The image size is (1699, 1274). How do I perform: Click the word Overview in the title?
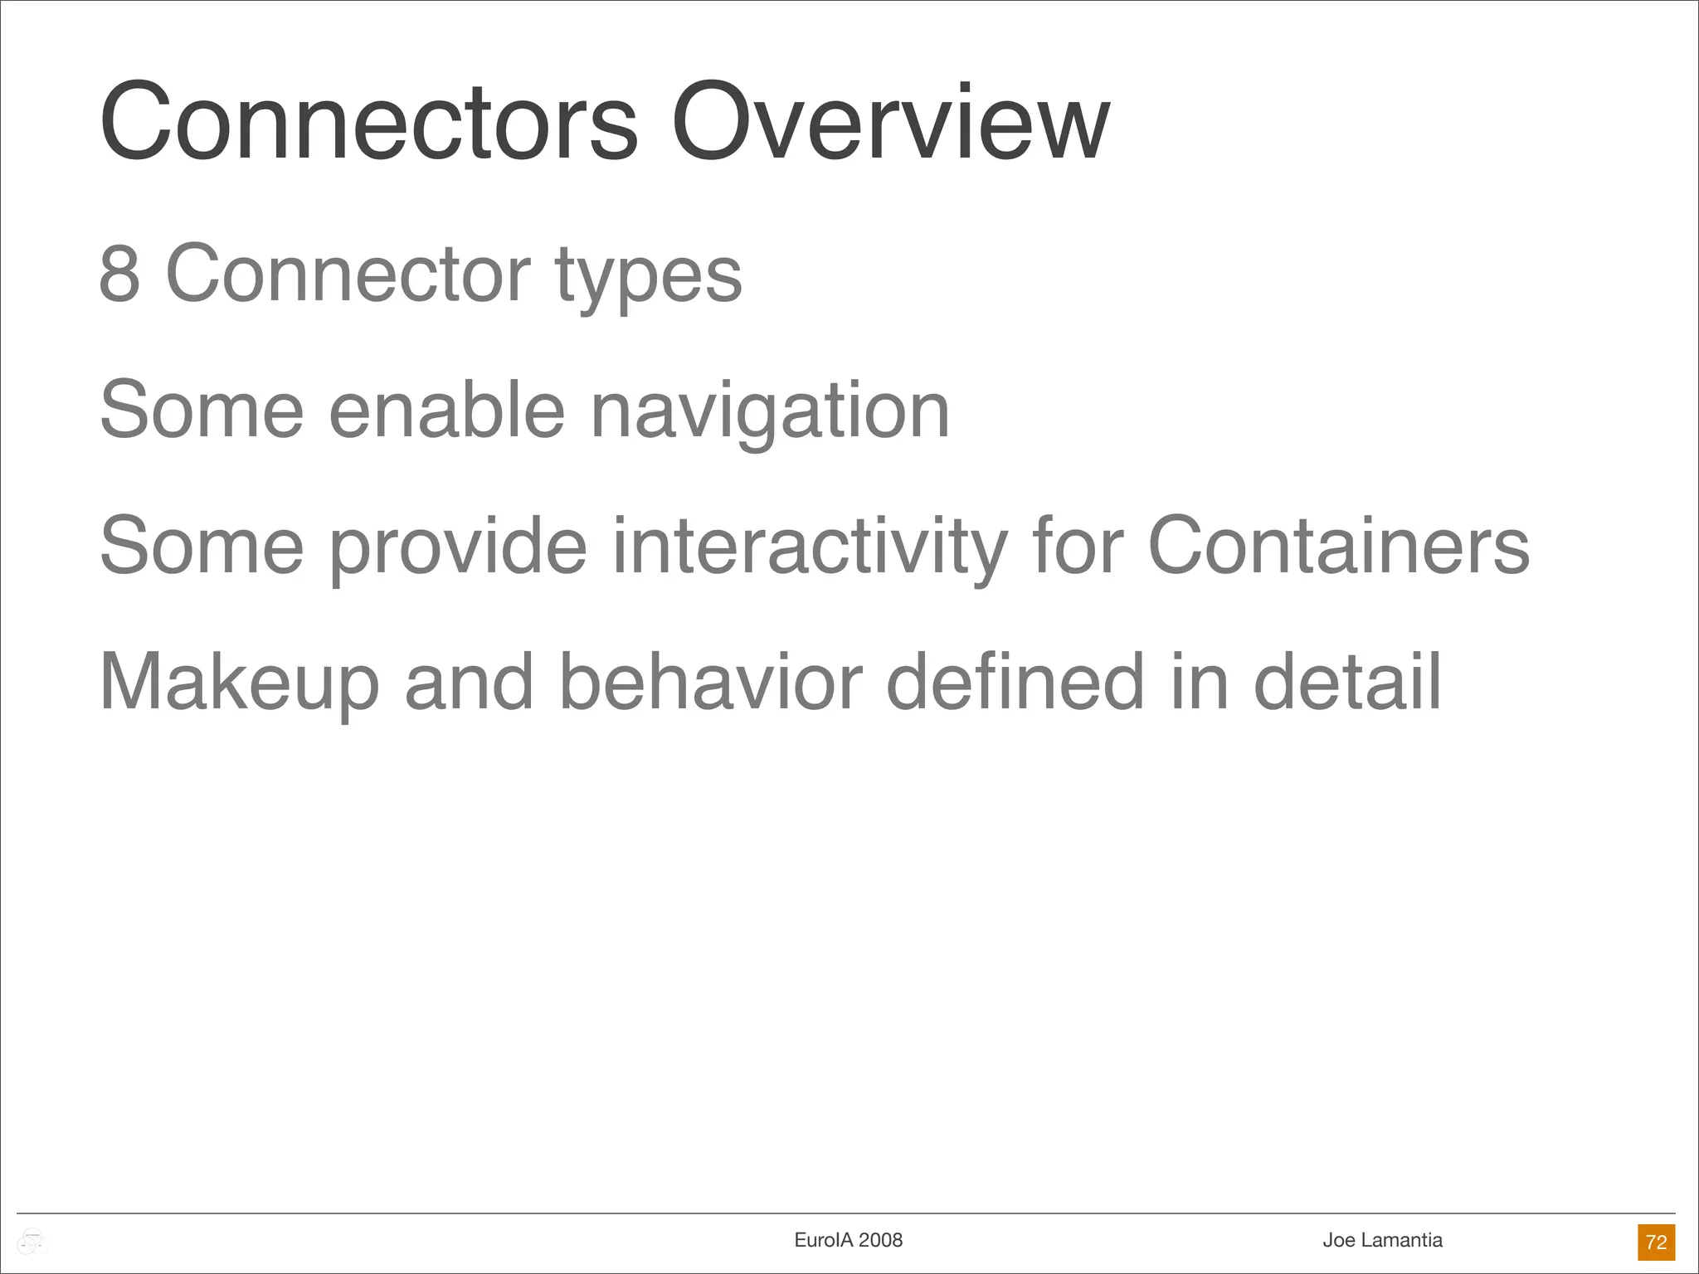coord(890,123)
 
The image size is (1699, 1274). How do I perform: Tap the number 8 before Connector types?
coord(119,274)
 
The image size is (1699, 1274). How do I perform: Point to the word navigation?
coord(770,412)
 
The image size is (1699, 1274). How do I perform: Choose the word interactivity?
coord(809,547)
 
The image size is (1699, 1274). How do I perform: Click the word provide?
coord(459,547)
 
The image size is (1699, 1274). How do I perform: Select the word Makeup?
coord(239,683)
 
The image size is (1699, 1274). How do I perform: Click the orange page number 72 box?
coord(1656,1242)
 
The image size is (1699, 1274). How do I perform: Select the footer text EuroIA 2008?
coord(848,1240)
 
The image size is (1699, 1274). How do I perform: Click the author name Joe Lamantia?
coord(1382,1240)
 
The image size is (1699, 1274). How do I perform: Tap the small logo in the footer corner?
coord(32,1242)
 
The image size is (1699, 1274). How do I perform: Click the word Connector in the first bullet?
coord(348,274)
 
